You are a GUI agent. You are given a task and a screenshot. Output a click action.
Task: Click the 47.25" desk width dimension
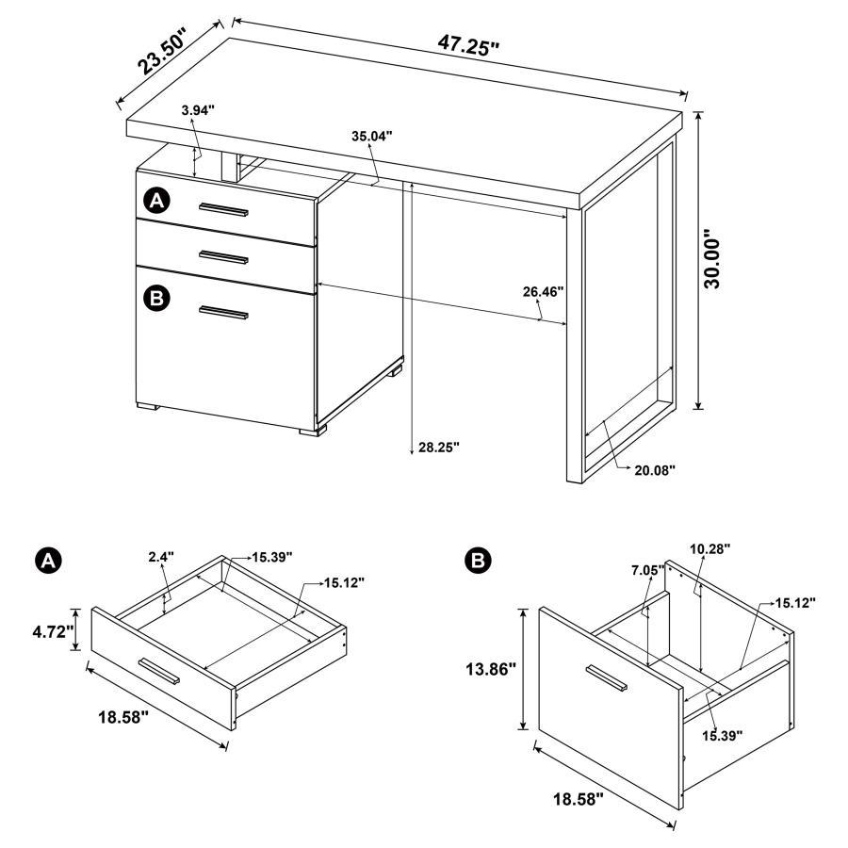467,44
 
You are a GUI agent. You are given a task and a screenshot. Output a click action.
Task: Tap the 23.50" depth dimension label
162,50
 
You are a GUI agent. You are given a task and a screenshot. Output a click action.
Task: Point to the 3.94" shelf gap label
198,110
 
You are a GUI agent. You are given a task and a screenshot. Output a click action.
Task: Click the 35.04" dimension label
372,136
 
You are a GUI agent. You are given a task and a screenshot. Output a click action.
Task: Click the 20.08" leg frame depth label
656,468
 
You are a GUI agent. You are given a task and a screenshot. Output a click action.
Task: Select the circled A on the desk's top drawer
156,201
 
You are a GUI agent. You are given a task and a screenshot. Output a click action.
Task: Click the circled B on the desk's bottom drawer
156,300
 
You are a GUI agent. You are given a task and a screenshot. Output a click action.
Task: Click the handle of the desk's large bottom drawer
222,313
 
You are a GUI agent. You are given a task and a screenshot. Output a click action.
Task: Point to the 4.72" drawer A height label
52,631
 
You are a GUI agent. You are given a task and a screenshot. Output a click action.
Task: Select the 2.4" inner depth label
160,557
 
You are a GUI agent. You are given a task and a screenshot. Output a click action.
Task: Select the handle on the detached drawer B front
606,680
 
